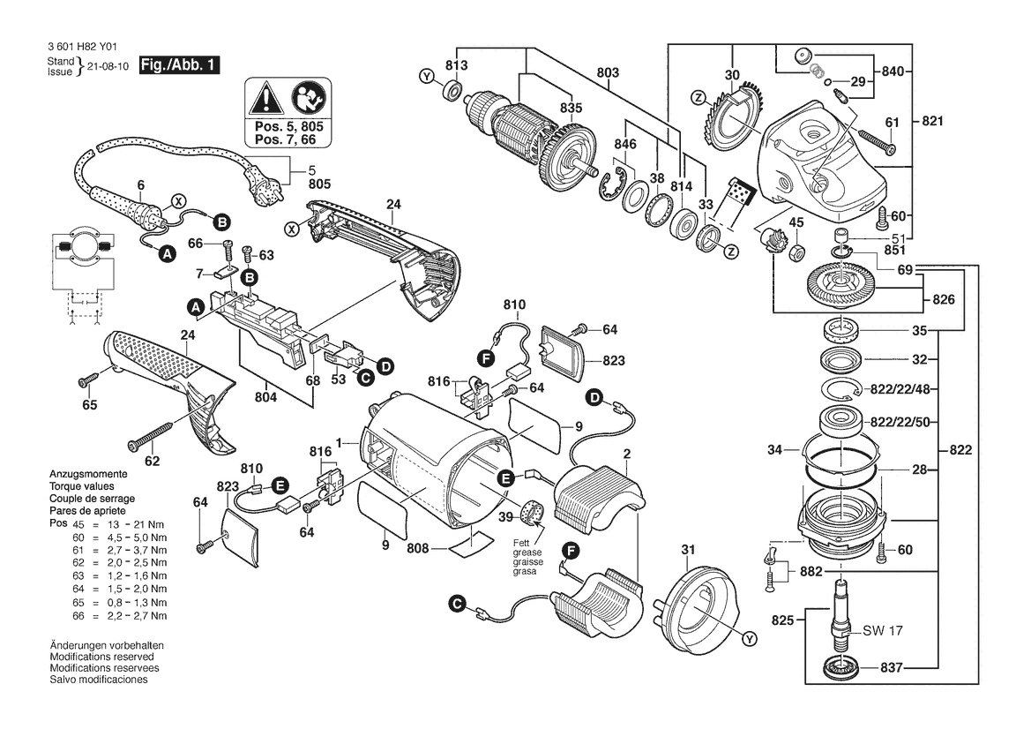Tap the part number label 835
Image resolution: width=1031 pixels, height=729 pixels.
572,108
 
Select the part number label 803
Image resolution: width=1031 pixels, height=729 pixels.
608,71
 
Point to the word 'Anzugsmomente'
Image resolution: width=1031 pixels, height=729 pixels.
85,477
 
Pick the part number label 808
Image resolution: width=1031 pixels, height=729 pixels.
418,548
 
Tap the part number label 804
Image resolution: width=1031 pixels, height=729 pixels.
265,397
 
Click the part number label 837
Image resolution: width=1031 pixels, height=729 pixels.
892,667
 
